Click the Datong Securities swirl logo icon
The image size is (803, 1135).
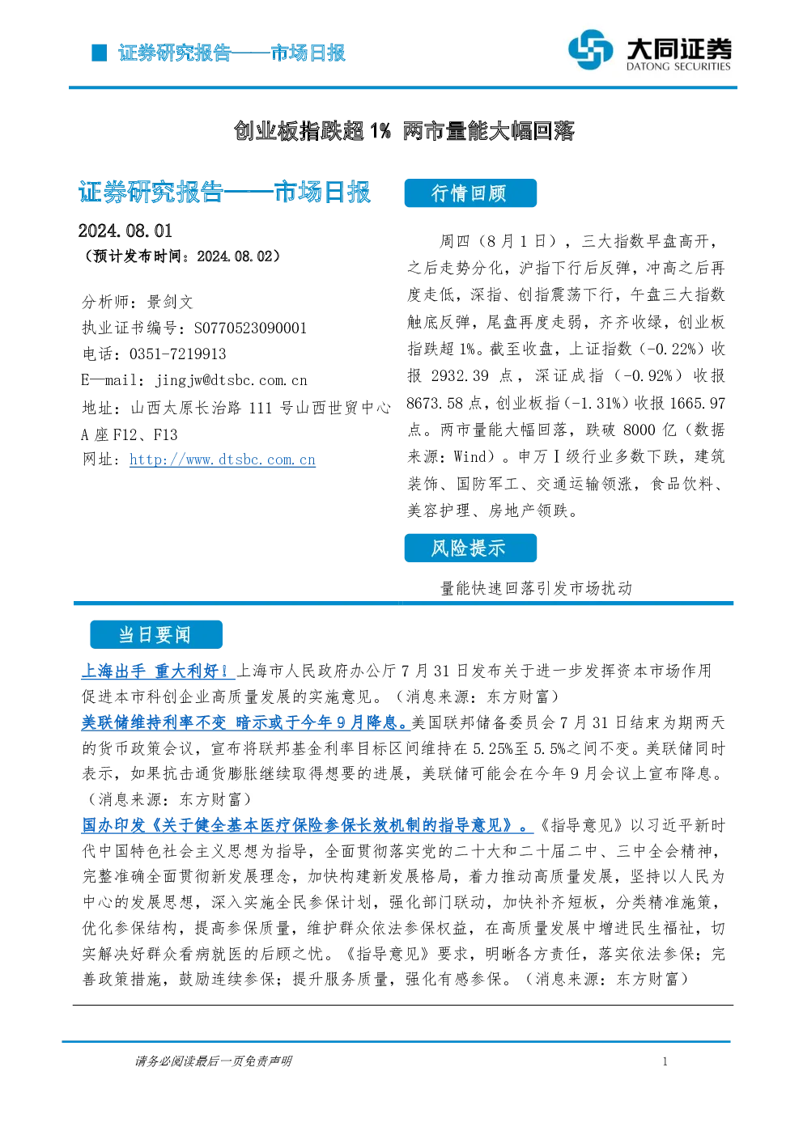[x=590, y=49]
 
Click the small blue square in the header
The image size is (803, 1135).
[x=100, y=53]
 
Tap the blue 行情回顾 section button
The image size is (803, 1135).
[x=470, y=193]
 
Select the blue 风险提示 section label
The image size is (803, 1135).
[x=470, y=548]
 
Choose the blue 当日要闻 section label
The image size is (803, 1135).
[x=156, y=634]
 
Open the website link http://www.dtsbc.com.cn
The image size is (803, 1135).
[x=223, y=460]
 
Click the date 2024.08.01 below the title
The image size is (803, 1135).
[x=125, y=231]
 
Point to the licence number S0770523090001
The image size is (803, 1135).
[x=250, y=328]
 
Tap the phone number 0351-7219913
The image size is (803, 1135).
[x=177, y=354]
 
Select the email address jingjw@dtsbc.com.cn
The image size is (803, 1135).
[x=232, y=380]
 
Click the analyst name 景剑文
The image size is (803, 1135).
[x=170, y=302]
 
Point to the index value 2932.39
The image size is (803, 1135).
[x=460, y=375]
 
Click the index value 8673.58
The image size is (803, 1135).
[x=435, y=403]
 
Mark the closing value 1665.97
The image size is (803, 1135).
[x=698, y=403]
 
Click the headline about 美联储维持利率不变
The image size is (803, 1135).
[x=245, y=722]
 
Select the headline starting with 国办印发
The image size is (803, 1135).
[x=308, y=825]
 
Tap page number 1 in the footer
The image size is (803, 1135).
[x=665, y=1061]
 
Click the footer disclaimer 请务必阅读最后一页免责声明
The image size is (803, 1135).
[x=214, y=1061]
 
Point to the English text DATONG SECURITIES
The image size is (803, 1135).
[x=678, y=66]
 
